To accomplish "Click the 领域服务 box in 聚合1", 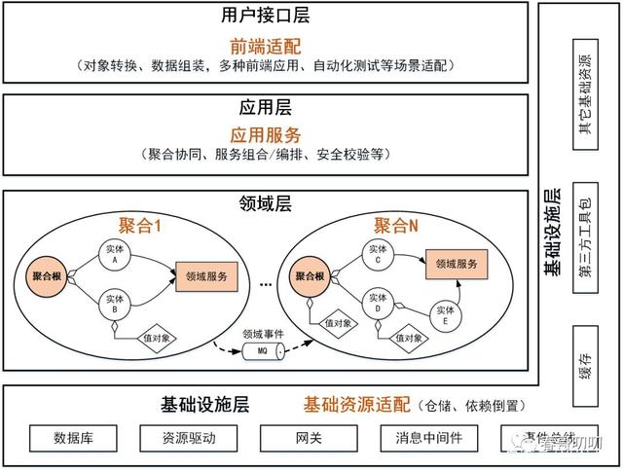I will (204, 276).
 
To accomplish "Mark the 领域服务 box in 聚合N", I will (456, 264).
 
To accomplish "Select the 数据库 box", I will (73, 439).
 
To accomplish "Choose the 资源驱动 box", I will (188, 439).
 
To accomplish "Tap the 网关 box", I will (302, 439).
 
